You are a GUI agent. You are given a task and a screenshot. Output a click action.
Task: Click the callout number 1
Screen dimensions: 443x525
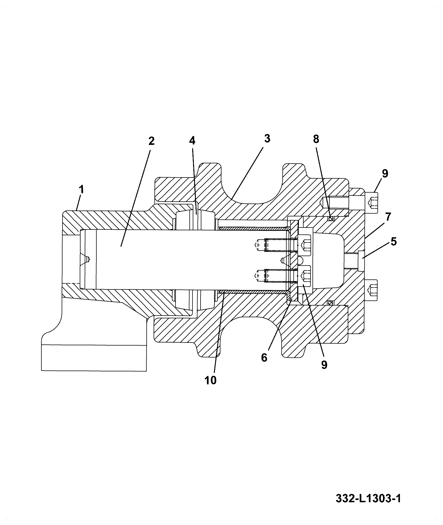(81, 190)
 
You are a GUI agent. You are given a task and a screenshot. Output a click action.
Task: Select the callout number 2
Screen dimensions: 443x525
(151, 141)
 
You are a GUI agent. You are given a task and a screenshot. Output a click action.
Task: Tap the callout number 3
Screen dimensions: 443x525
(267, 138)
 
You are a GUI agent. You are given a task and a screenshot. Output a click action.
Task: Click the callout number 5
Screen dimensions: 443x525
(393, 241)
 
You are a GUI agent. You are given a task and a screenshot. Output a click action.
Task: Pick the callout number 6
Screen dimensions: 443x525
(264, 357)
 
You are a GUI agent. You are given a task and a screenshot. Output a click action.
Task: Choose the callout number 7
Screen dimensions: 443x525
(388, 216)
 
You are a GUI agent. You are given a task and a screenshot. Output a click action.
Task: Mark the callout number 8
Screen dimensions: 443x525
(316, 139)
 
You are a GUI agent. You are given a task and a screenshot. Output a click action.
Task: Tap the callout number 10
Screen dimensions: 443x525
(211, 380)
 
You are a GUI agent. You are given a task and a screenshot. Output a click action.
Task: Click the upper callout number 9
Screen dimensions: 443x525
(385, 174)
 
